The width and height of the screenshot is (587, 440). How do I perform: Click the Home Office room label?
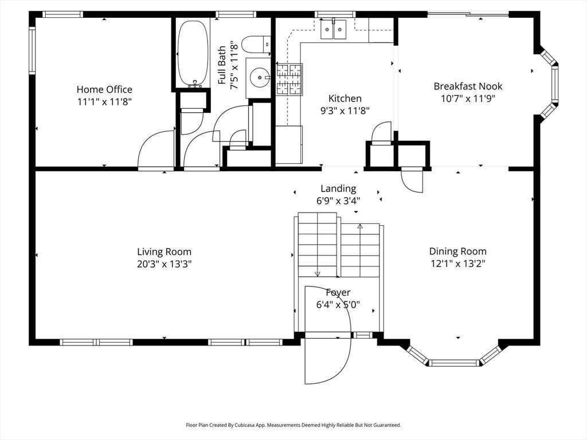click(104, 89)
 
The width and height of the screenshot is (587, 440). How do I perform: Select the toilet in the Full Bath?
click(256, 45)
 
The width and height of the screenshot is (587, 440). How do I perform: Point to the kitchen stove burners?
click(289, 79)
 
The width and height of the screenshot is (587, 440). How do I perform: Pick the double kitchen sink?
click(334, 29)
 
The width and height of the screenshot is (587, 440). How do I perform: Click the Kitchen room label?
click(345, 99)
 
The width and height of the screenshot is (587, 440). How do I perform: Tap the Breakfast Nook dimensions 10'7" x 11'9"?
click(468, 99)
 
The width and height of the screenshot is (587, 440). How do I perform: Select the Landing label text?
click(338, 188)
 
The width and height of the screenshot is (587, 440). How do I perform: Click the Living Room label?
click(164, 252)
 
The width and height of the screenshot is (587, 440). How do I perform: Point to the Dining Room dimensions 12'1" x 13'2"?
click(458, 264)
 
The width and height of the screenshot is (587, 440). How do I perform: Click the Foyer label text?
click(338, 292)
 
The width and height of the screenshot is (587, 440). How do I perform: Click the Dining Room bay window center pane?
click(454, 363)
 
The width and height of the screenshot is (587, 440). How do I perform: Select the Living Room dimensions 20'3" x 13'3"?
click(165, 264)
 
